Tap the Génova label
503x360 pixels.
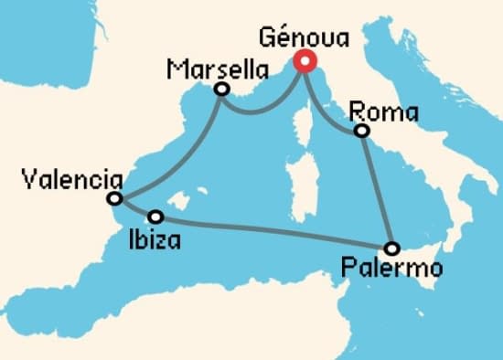tap(304, 37)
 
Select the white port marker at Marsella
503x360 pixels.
tap(220, 90)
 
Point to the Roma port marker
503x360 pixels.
tap(362, 132)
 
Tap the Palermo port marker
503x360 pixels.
tap(392, 248)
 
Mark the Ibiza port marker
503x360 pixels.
tap(156, 217)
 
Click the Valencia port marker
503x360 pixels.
tap(114, 198)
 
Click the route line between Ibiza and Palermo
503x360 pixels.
tap(274, 232)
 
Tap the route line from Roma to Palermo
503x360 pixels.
tap(377, 189)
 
